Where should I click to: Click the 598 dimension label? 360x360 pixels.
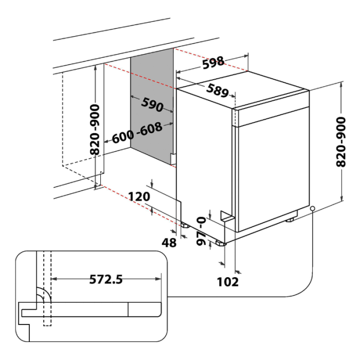[x=212, y=63]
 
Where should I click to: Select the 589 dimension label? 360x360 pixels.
[x=218, y=91]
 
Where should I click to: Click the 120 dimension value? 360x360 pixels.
[x=139, y=196]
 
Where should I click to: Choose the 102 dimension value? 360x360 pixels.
[x=228, y=281]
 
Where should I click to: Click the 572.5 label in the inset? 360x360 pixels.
[x=106, y=279]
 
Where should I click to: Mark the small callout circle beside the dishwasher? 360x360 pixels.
[x=313, y=208]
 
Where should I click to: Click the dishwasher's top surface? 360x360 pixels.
[x=242, y=87]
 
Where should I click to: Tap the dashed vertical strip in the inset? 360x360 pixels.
[x=47, y=288]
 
